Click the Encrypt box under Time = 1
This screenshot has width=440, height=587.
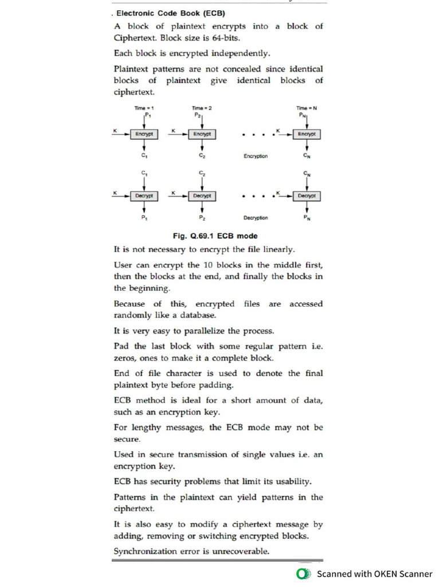(x=144, y=134)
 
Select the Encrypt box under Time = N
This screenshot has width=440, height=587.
(x=307, y=134)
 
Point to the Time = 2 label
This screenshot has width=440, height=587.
(x=202, y=108)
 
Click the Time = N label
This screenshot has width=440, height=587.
(x=306, y=108)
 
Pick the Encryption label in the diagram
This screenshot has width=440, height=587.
(x=256, y=156)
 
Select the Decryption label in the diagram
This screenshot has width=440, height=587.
(x=256, y=218)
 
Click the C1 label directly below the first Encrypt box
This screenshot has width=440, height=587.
(x=144, y=155)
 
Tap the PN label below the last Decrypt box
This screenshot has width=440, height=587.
(x=307, y=218)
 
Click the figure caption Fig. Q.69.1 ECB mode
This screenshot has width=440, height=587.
(x=215, y=236)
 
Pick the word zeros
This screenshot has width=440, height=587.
(x=125, y=358)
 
